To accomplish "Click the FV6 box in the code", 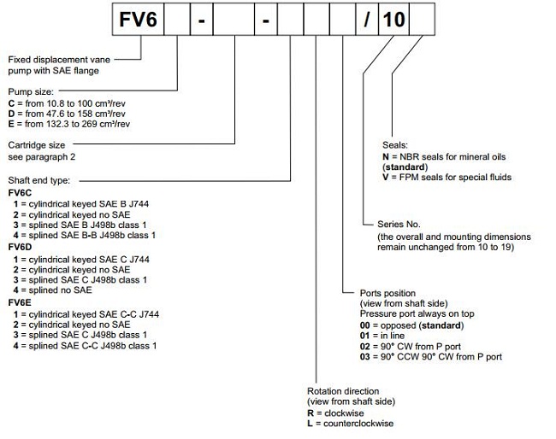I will [139, 19].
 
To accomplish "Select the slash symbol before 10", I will [366, 19].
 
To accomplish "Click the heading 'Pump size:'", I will [30, 89].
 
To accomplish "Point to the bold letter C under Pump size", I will [12, 102].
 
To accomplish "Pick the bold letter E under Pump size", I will [12, 124].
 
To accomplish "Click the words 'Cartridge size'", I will [38, 146].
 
